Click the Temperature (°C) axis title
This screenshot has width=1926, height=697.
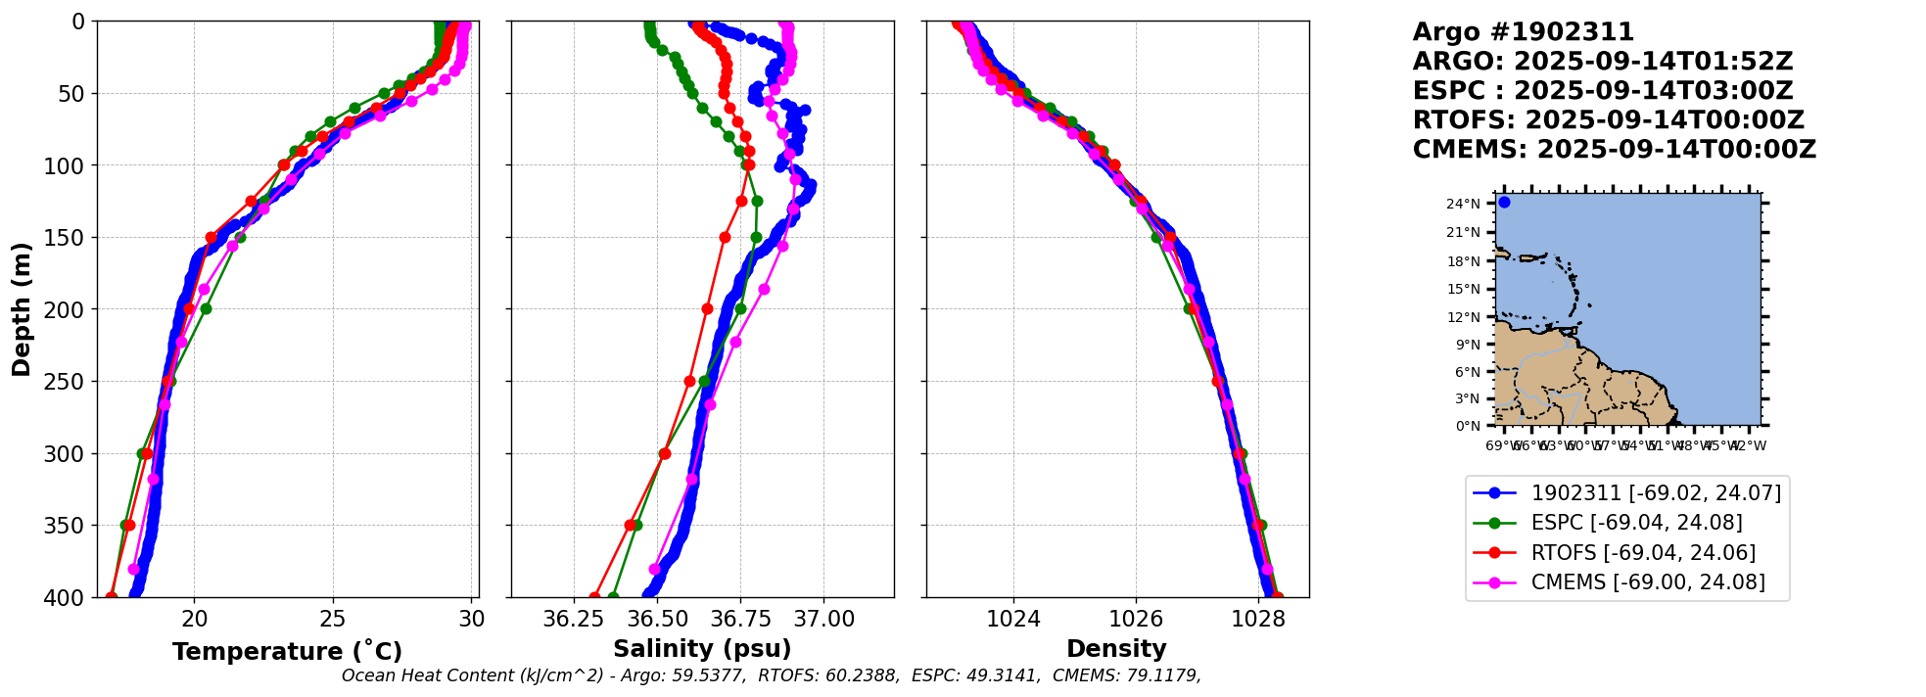287,652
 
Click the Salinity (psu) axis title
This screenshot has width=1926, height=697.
702,649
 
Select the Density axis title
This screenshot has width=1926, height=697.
1116,649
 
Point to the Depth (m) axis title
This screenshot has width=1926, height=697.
22,309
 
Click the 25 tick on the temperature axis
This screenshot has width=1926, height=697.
333,619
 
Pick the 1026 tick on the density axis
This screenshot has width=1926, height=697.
1136,619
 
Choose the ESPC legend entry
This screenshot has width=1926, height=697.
1636,523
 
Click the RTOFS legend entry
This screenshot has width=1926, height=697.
1643,553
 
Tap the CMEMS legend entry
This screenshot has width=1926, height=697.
1648,582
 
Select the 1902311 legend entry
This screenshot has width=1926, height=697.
1656,493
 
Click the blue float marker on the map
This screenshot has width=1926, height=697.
1504,203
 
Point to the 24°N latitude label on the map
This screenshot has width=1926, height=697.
1463,204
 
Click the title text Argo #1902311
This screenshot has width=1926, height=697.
1523,32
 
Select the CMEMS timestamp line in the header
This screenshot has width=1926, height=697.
1614,150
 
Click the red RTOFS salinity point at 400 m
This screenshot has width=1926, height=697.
594,597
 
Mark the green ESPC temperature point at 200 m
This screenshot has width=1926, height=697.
206,309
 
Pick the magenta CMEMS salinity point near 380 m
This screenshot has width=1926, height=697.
654,569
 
